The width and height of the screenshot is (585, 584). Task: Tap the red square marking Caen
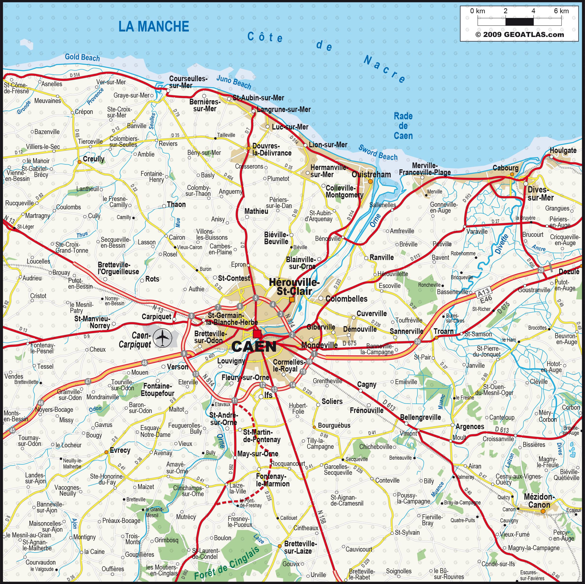coord(257,334)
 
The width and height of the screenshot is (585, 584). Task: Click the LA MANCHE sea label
coord(154,27)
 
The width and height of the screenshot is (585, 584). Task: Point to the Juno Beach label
coord(234,82)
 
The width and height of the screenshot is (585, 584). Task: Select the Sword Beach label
coord(378,153)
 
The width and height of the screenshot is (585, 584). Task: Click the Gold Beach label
coord(82,57)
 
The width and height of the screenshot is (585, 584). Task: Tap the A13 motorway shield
coord(483,292)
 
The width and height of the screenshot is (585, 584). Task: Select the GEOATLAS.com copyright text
coord(520,35)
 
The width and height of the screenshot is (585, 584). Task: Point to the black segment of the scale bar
coord(519,22)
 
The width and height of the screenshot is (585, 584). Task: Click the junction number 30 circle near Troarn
coord(417,341)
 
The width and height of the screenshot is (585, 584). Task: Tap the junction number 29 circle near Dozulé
coord(541,270)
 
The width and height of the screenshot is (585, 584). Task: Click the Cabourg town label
coord(505,168)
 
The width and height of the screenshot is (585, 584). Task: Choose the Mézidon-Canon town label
coord(539,501)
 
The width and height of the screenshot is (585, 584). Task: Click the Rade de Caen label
coord(403,126)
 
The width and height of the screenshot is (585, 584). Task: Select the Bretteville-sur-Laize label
coord(300,547)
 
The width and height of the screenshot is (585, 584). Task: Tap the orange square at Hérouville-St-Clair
coord(292,299)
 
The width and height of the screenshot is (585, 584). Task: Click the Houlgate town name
coord(563,150)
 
